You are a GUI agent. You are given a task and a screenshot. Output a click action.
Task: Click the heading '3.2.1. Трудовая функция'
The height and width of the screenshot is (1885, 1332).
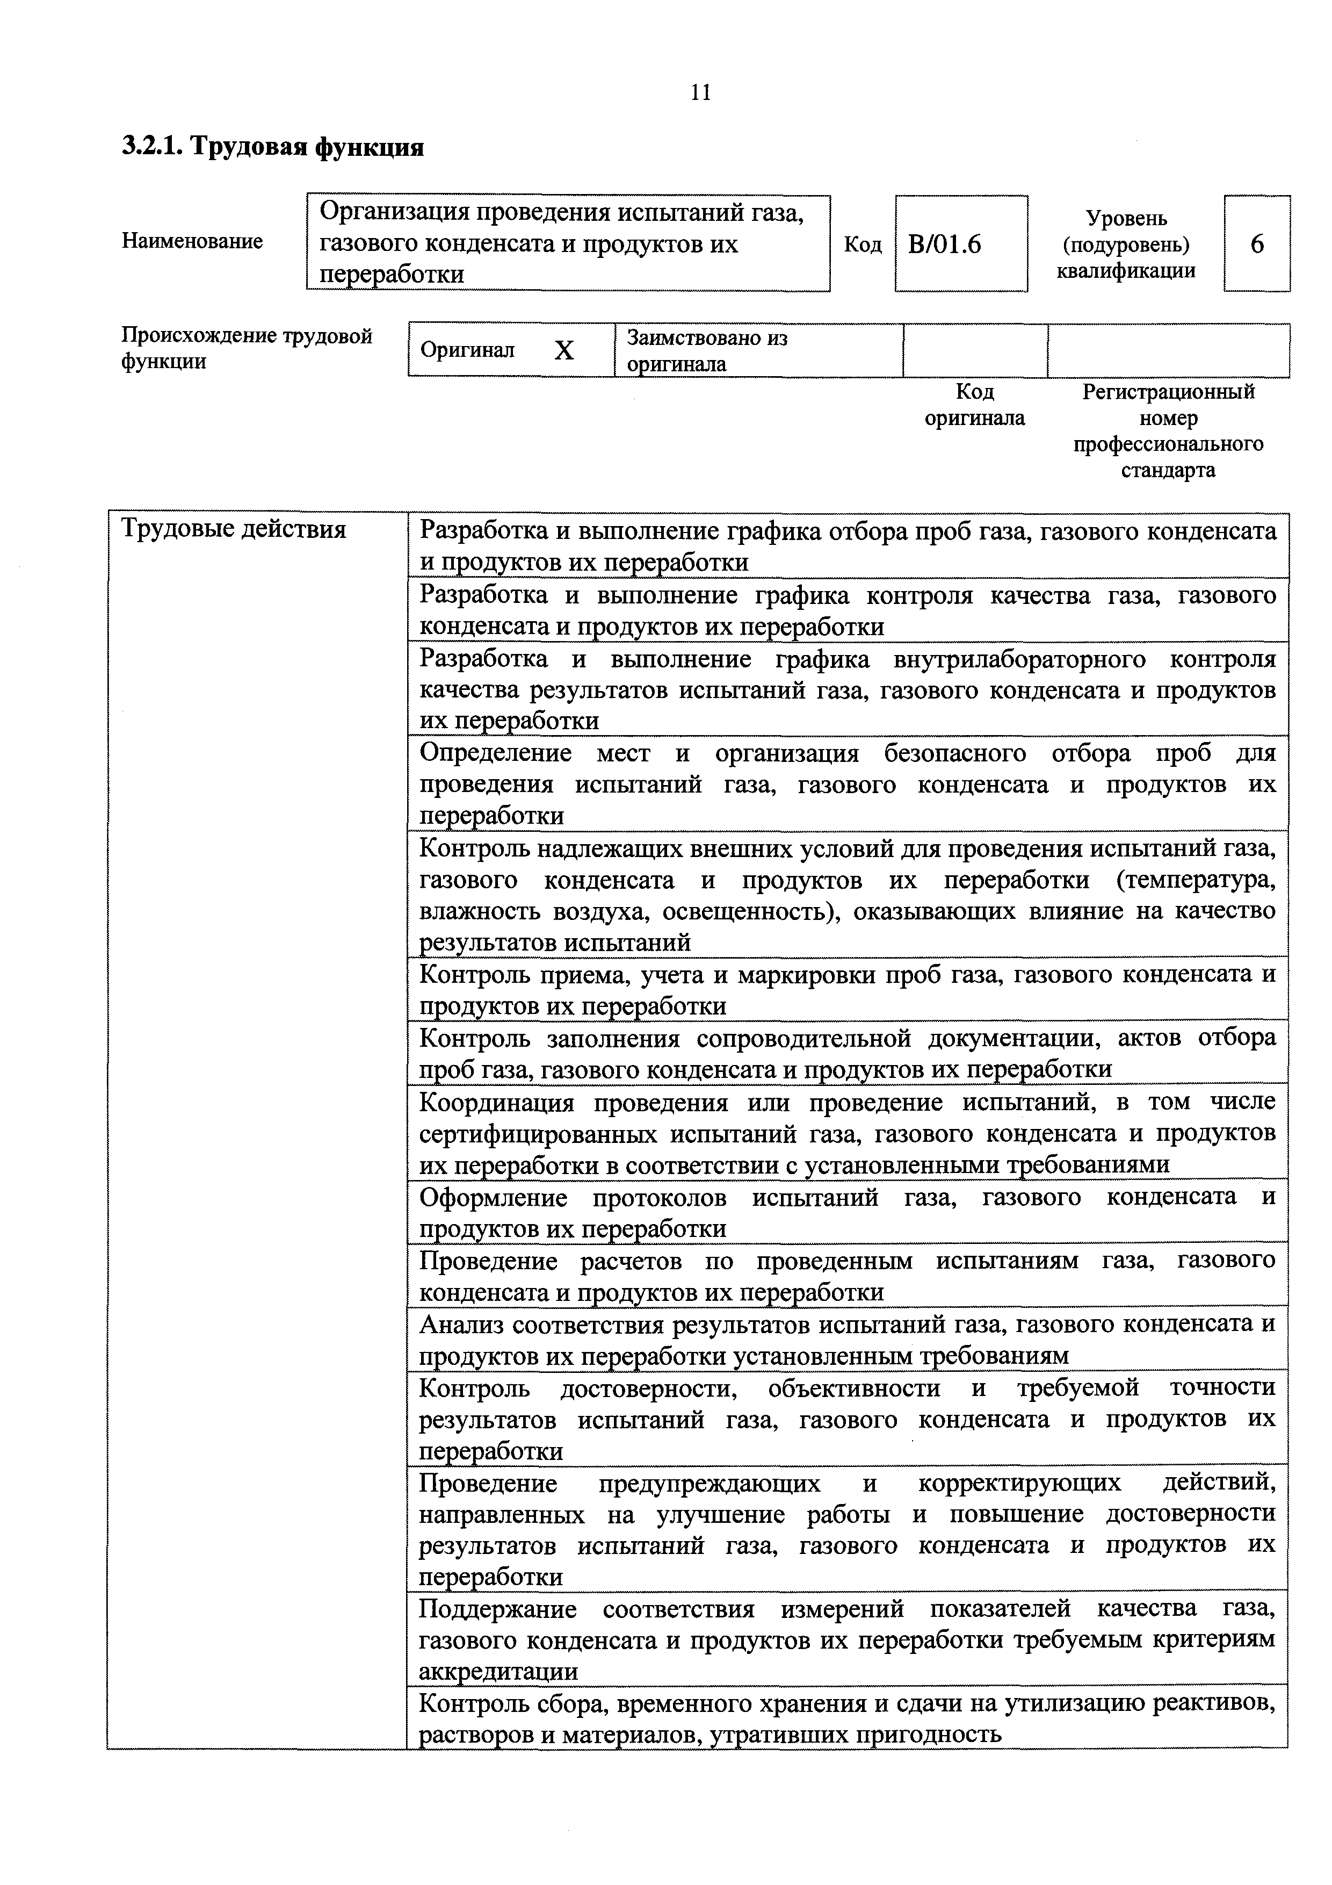[273, 148]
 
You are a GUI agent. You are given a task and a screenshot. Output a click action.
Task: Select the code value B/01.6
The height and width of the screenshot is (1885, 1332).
[945, 244]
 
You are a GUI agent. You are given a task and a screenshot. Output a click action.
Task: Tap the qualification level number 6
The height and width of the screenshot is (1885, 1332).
[1256, 244]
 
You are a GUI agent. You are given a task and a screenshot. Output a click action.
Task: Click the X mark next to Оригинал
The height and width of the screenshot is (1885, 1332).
[564, 351]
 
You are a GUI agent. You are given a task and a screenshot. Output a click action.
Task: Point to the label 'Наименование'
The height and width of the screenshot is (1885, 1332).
[193, 241]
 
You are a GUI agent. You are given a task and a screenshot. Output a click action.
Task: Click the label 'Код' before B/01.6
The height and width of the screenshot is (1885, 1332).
[863, 244]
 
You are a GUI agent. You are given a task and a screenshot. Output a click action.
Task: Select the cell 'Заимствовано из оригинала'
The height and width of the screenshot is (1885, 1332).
[707, 350]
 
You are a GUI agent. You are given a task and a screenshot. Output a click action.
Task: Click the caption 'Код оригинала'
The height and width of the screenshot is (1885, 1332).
[975, 405]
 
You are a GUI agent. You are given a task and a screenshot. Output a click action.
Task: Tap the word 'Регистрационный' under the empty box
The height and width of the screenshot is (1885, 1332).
[1169, 392]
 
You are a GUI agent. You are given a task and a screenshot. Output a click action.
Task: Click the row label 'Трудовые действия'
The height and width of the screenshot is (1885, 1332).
[234, 529]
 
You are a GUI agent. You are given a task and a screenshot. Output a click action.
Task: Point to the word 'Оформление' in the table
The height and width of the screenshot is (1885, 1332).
[493, 1198]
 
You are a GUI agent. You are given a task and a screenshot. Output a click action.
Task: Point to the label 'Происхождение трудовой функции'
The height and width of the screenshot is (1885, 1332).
[246, 348]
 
